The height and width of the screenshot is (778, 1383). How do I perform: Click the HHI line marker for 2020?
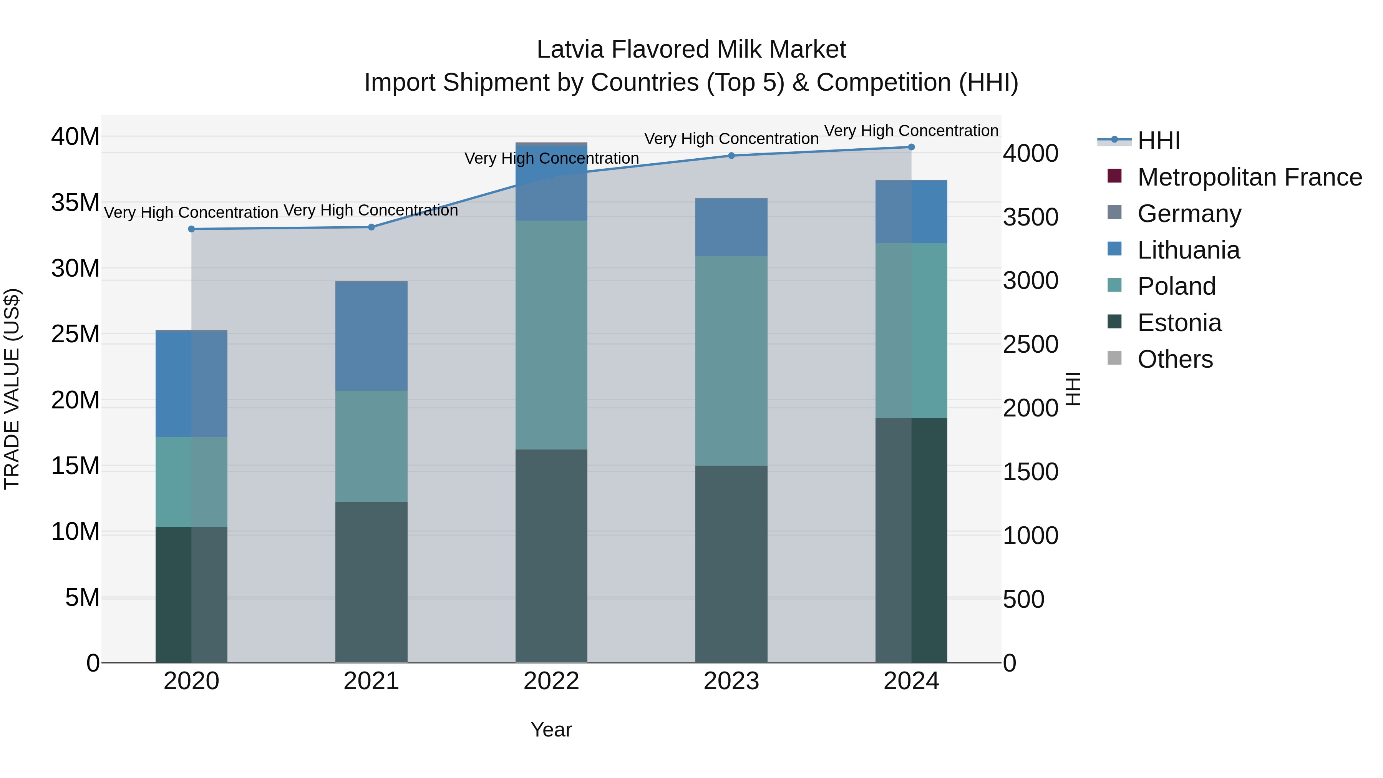[x=191, y=229]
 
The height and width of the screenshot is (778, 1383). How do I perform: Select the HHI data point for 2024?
[x=911, y=147]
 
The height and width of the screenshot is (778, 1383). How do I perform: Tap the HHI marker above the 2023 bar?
[x=731, y=156]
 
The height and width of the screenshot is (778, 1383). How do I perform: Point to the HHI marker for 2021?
[x=371, y=227]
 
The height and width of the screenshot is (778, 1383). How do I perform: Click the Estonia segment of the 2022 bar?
[x=551, y=556]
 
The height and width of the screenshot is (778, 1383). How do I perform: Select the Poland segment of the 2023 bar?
[x=731, y=361]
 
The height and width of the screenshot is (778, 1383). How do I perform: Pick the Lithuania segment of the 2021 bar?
[x=371, y=336]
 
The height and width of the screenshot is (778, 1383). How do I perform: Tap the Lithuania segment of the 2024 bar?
[x=911, y=212]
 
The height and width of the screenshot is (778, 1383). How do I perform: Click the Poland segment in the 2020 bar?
[x=191, y=482]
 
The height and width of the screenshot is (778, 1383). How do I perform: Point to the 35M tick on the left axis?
[x=75, y=203]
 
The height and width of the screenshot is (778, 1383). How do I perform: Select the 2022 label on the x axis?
[x=551, y=681]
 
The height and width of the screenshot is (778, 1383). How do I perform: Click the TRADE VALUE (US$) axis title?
[x=12, y=389]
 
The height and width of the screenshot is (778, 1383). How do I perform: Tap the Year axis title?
[x=551, y=730]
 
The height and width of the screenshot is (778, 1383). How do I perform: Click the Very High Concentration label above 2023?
[x=731, y=139]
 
